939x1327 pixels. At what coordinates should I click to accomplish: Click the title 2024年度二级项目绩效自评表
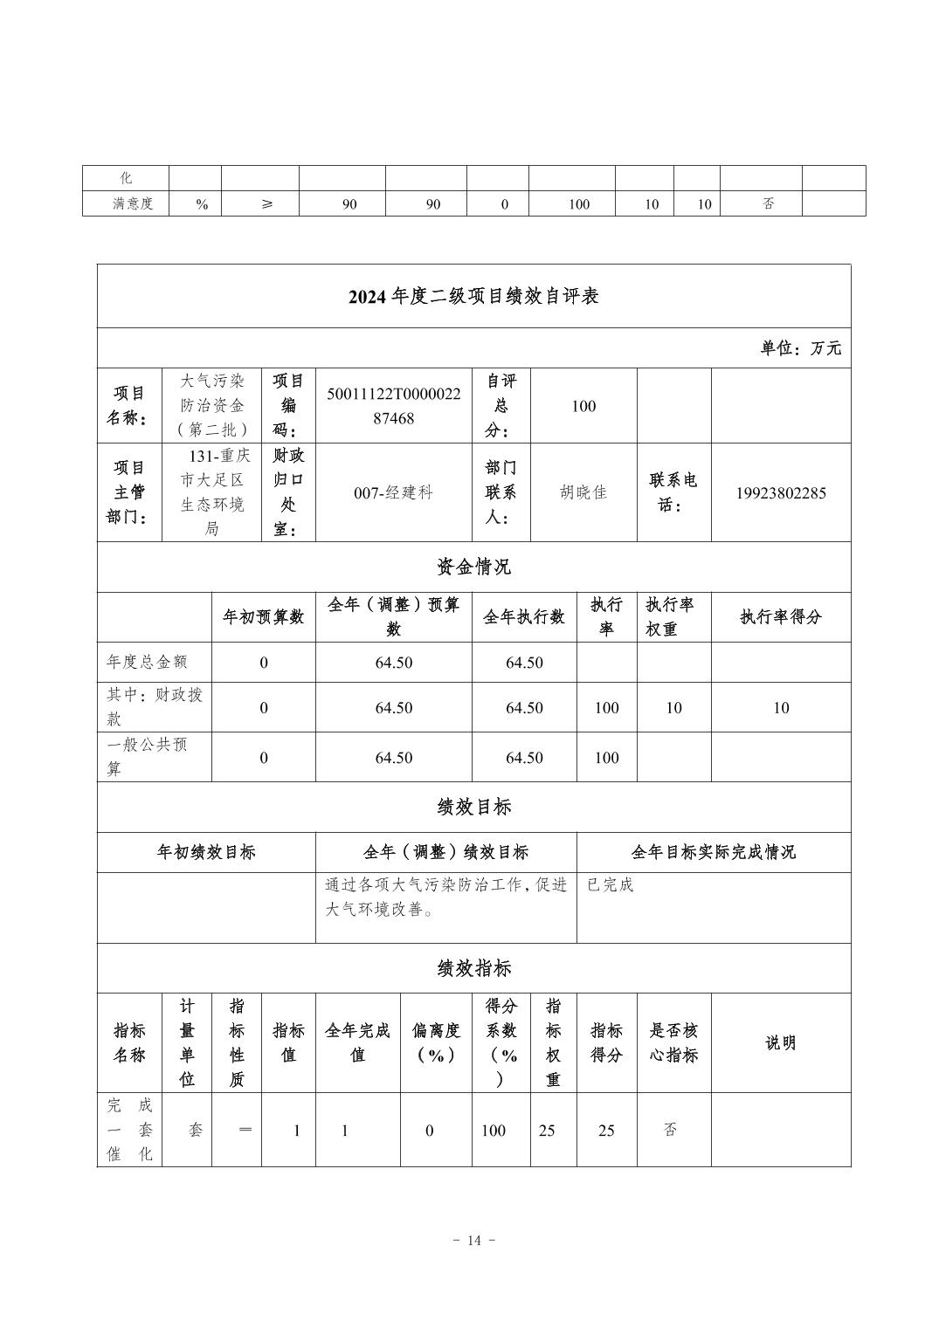pos(473,297)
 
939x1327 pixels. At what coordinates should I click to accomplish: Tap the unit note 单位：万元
pos(800,348)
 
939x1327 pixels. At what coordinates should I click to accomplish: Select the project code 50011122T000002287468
pos(393,406)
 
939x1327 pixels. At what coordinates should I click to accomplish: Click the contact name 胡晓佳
pos(583,492)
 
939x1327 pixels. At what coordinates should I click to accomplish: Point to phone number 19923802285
pos(780,493)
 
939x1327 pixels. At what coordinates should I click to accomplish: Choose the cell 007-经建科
pos(393,493)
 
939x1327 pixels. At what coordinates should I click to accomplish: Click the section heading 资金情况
pos(473,567)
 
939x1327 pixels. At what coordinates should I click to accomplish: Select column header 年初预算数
pos(263,617)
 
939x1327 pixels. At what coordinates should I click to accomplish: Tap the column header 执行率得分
pos(780,617)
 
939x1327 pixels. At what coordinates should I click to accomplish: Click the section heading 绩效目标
pos(473,808)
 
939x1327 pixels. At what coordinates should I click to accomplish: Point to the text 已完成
pos(610,885)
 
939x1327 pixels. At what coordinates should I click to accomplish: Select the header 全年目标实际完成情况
pos(713,853)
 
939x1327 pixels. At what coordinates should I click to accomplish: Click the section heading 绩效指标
pos(473,968)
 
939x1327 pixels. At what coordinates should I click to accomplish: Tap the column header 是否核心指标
pos(673,1042)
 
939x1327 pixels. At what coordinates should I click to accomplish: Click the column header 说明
pos(780,1043)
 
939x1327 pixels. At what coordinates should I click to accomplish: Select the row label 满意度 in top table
pos(133,204)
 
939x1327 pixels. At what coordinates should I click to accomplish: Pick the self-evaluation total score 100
pos(583,406)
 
